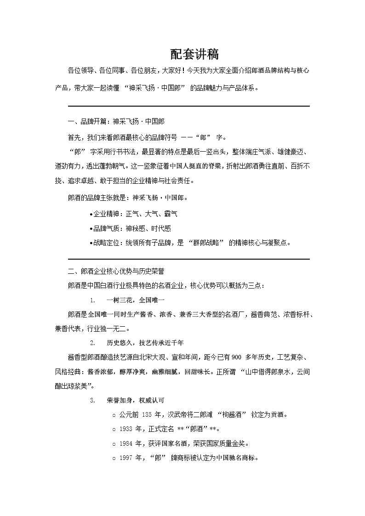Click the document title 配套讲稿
click(x=194, y=54)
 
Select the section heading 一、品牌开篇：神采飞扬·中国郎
click(x=116, y=122)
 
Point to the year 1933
click(x=125, y=429)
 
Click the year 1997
click(x=125, y=458)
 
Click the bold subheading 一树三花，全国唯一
click(x=135, y=300)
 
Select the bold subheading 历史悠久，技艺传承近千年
click(x=146, y=343)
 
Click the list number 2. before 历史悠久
click(x=92, y=343)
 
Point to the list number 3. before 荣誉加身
click(x=92, y=400)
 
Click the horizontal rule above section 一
click(x=188, y=106)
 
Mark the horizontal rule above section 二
click(x=188, y=259)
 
